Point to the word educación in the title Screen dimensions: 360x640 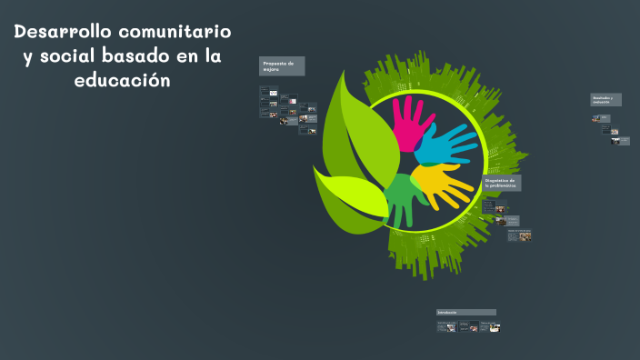123,80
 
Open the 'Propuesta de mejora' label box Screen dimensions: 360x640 282,66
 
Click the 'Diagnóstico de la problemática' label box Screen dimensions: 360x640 501,184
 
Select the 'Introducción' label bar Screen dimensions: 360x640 465,312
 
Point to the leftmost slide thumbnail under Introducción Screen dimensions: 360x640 445,326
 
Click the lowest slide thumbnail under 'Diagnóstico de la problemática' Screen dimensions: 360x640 524,236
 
